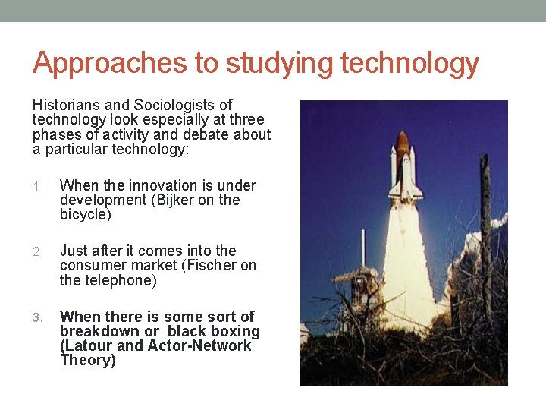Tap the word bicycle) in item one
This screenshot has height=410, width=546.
(86, 215)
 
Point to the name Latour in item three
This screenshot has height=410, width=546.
(88, 345)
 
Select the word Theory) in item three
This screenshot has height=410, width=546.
(88, 360)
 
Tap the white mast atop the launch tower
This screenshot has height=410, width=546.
(363, 247)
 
